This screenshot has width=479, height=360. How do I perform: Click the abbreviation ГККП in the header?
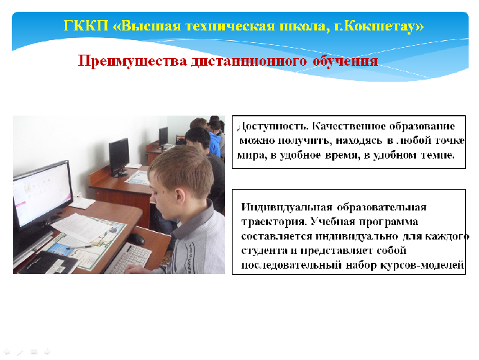click(86, 26)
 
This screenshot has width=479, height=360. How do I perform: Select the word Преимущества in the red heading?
click(133, 61)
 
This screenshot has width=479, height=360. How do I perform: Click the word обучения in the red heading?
click(345, 61)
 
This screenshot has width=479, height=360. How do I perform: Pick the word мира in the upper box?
click(252, 156)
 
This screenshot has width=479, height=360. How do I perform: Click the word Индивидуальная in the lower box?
click(287, 207)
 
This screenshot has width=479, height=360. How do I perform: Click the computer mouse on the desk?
click(136, 239)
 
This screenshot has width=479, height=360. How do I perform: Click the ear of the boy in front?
click(181, 197)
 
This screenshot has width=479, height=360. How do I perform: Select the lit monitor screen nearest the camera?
click(42, 195)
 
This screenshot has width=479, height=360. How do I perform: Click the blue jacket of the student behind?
click(215, 143)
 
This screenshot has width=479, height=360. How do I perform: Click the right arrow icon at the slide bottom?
click(47, 352)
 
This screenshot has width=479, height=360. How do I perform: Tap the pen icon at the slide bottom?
click(20, 352)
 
